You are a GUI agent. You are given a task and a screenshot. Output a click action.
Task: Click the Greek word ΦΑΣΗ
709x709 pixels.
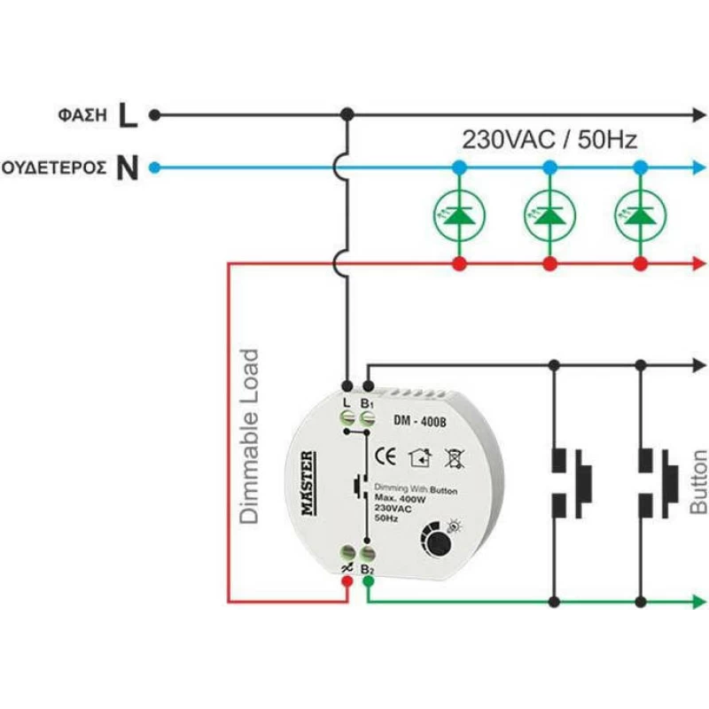[82, 115]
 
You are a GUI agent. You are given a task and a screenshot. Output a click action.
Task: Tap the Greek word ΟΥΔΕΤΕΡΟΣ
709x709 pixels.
[54, 168]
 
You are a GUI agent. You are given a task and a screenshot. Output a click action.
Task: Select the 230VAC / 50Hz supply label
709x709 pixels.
[549, 139]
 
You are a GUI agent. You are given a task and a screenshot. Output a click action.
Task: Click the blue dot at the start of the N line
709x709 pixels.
[154, 168]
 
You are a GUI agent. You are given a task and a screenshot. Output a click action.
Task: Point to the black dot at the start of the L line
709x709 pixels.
[154, 115]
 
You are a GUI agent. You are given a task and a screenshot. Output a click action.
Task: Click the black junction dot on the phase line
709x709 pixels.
[347, 114]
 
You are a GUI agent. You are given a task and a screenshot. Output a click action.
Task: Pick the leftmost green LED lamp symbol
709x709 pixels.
[459, 215]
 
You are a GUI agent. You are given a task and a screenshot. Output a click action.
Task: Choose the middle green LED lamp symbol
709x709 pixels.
[549, 215]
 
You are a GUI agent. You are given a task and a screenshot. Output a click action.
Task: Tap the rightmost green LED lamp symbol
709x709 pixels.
[640, 215]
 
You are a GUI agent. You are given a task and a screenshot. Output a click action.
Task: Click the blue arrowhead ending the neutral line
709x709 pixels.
[699, 168]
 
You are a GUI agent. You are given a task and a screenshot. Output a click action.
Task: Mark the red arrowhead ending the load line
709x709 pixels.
[699, 263]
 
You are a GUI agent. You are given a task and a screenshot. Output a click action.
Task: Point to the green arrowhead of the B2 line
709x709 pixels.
[699, 602]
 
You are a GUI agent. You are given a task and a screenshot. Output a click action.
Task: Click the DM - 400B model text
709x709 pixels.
[419, 421]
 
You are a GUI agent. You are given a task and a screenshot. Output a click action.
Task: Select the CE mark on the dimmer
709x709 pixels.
[386, 456]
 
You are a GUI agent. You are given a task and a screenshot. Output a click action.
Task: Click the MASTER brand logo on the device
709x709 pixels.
[308, 483]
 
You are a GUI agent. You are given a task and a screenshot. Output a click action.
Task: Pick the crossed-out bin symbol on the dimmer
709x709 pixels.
[454, 458]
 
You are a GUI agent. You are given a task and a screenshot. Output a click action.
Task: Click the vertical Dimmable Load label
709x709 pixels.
[249, 437]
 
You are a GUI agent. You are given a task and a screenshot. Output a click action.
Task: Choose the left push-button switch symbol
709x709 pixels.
[572, 483]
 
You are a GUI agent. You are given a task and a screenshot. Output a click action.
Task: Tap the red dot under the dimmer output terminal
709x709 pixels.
[347, 581]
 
